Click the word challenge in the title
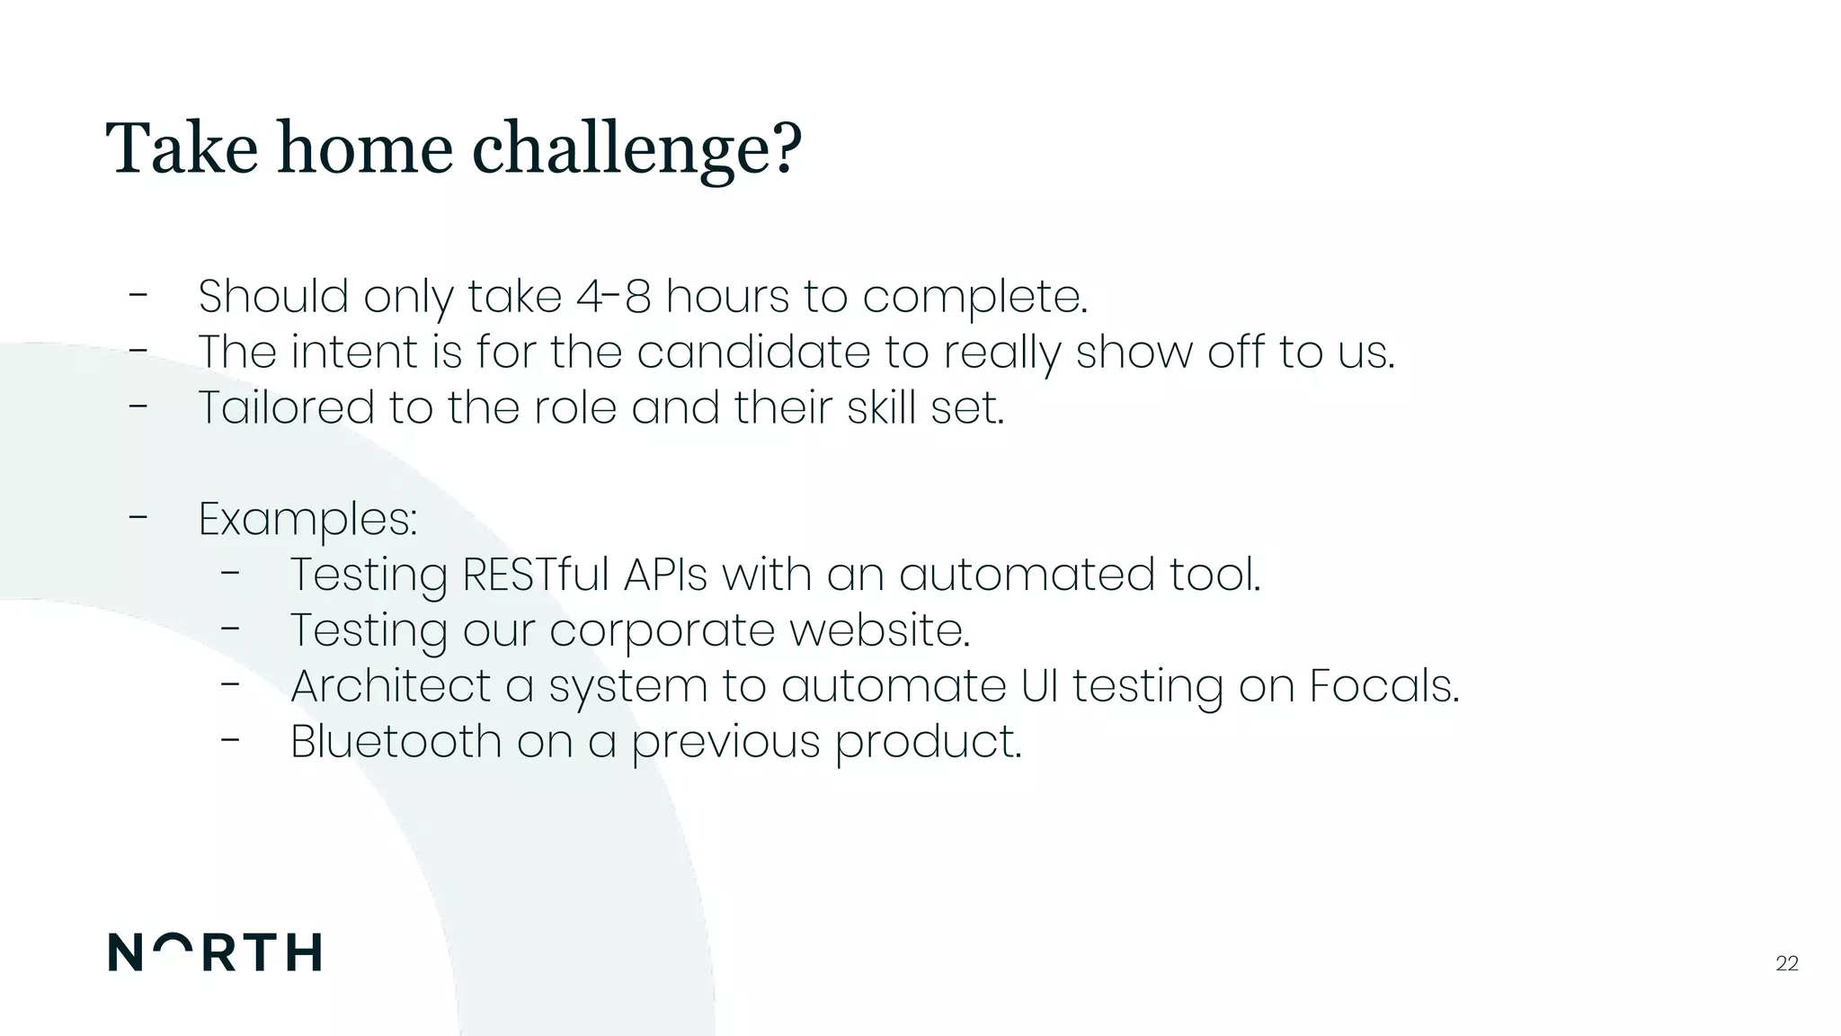click(636, 148)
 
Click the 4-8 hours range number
click(613, 296)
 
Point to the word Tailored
click(286, 407)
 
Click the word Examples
click(307, 520)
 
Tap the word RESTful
click(535, 575)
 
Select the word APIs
click(665, 575)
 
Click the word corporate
click(662, 630)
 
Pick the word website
click(879, 630)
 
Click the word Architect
click(390, 686)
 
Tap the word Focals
click(1383, 686)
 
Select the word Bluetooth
click(396, 742)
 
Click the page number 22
click(1787, 964)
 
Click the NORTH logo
click(215, 952)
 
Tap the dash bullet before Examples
click(138, 517)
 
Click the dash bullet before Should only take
click(138, 294)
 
